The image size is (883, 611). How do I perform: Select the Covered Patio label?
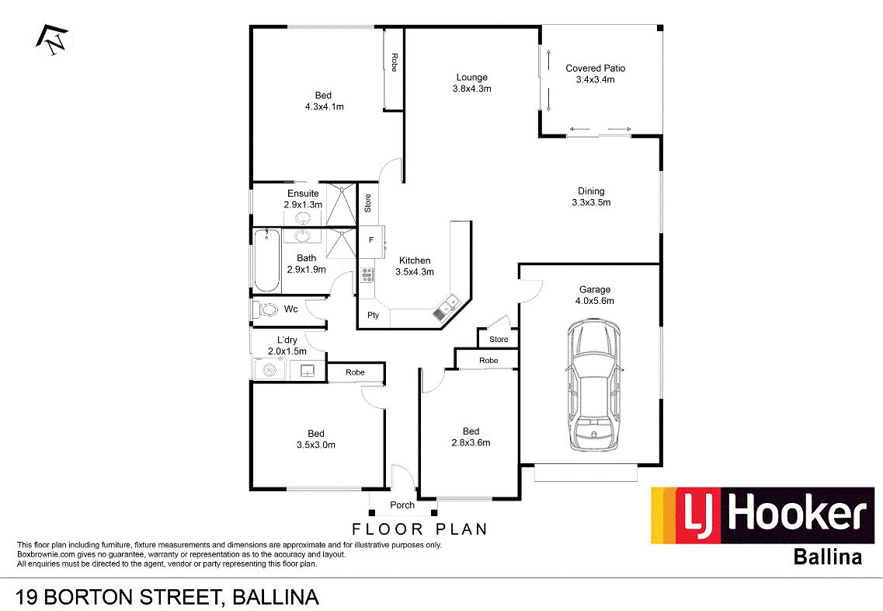(x=595, y=68)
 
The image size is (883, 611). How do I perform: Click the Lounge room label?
(x=471, y=77)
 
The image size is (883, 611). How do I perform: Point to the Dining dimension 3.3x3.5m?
(x=591, y=203)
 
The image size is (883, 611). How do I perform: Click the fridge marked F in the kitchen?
(x=371, y=240)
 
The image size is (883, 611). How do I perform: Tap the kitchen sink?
(x=447, y=306)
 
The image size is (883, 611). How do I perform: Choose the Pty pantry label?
(x=373, y=315)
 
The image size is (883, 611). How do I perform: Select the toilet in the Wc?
(x=266, y=309)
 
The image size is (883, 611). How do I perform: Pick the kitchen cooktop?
(x=367, y=274)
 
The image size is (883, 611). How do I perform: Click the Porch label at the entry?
(x=402, y=505)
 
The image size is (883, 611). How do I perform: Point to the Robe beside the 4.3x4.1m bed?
(x=395, y=63)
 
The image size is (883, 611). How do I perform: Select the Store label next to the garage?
(x=499, y=339)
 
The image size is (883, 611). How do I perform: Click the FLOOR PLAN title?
(x=419, y=529)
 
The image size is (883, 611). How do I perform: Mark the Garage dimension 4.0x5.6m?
(x=594, y=301)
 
